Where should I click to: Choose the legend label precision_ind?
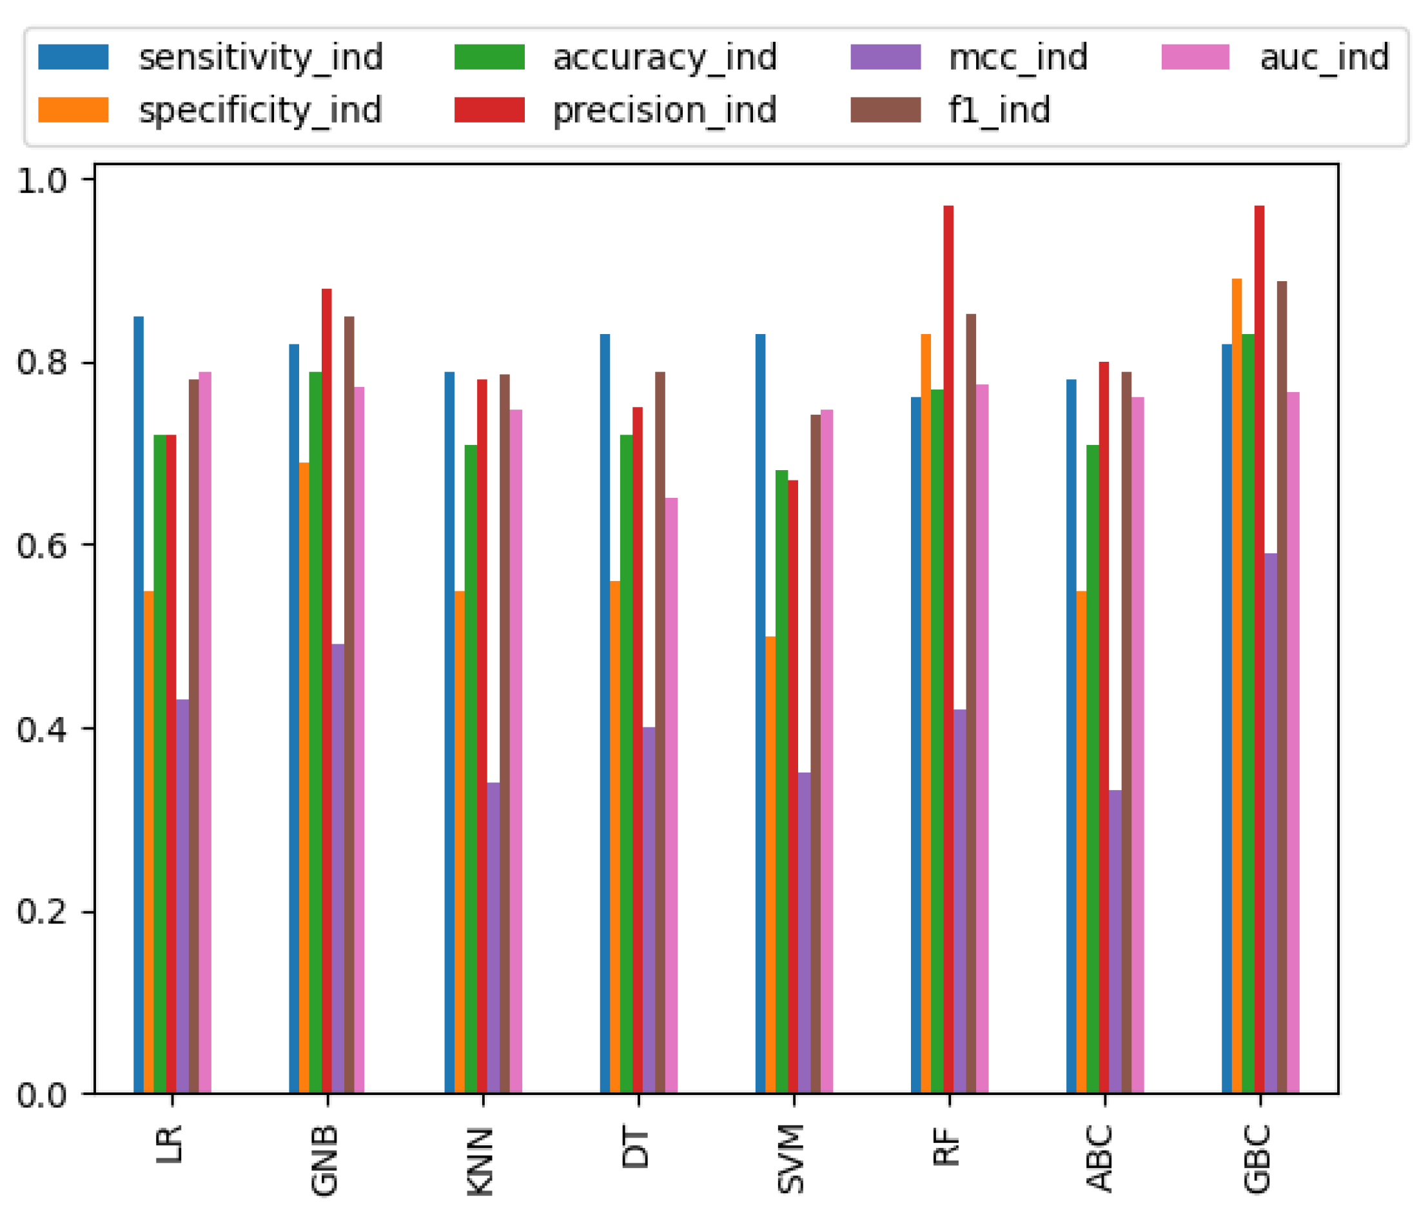click(665, 110)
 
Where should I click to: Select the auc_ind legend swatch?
click(1195, 57)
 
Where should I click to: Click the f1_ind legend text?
click(999, 110)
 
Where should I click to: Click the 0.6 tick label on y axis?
click(41, 546)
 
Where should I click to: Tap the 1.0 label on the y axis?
click(41, 181)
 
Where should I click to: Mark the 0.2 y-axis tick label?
click(41, 911)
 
